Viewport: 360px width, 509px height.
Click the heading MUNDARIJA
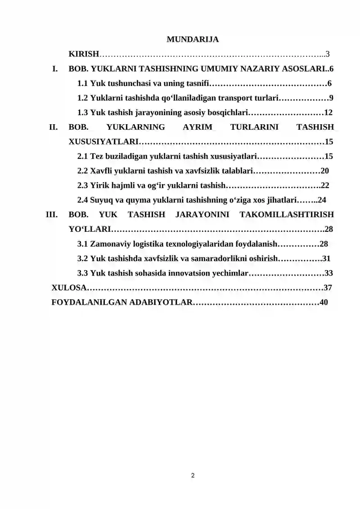tap(193, 40)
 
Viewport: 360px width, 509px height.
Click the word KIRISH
tap(84, 54)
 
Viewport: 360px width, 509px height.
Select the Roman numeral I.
tap(55, 69)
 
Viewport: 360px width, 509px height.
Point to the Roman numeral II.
tap(54, 127)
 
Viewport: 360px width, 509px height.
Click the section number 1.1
tap(82, 84)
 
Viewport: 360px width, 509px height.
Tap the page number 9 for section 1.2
tap(331, 98)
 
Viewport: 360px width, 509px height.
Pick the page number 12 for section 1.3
tap(328, 113)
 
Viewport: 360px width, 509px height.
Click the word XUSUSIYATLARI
tap(103, 142)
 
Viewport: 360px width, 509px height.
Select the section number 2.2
tap(82, 171)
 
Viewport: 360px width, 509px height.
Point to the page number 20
tap(325, 171)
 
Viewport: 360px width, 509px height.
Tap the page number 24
tap(322, 200)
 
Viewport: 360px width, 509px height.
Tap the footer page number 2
tap(193, 475)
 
